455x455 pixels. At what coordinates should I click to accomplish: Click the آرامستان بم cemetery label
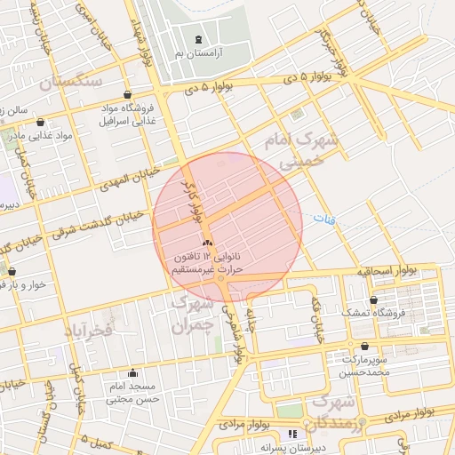[x=197, y=54]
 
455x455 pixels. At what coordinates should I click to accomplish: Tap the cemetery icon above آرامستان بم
[x=197, y=39]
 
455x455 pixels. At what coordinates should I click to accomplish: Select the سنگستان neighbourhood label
[x=72, y=82]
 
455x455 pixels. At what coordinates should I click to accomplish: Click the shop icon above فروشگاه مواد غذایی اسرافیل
[x=129, y=94]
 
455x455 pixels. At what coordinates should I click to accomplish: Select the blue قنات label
[x=323, y=217]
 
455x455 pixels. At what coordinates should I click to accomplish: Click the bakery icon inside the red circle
[x=207, y=243]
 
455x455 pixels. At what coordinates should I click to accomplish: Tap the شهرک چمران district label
[x=191, y=314]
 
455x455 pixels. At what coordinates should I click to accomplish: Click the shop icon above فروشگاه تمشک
[x=372, y=299]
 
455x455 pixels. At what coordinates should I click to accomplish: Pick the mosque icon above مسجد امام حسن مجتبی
[x=132, y=373]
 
